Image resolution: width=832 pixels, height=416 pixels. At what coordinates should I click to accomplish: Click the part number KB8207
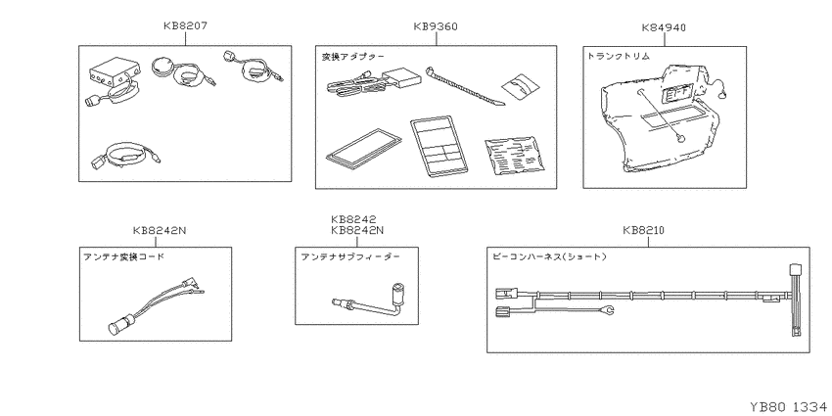186,25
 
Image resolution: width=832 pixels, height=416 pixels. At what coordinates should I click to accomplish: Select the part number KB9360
436,26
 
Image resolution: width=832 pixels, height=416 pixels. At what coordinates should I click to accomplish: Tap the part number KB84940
664,27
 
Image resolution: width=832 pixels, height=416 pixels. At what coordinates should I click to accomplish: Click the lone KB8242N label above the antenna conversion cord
160,230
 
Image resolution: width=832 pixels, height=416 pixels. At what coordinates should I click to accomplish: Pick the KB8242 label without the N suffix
353,219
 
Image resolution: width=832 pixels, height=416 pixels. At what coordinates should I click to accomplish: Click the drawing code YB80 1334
788,407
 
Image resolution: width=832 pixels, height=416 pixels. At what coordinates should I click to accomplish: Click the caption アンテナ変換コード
124,256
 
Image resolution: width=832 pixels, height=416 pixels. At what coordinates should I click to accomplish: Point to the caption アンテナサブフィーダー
350,256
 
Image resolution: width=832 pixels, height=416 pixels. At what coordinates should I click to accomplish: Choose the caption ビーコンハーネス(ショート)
550,256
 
